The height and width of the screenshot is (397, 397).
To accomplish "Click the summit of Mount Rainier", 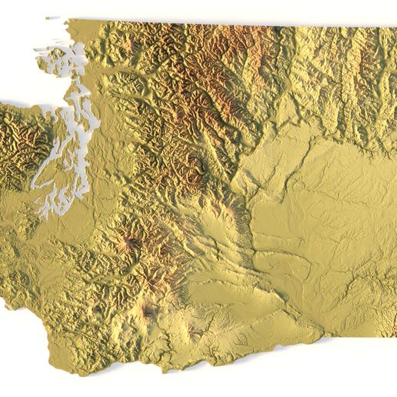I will point(130,245).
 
